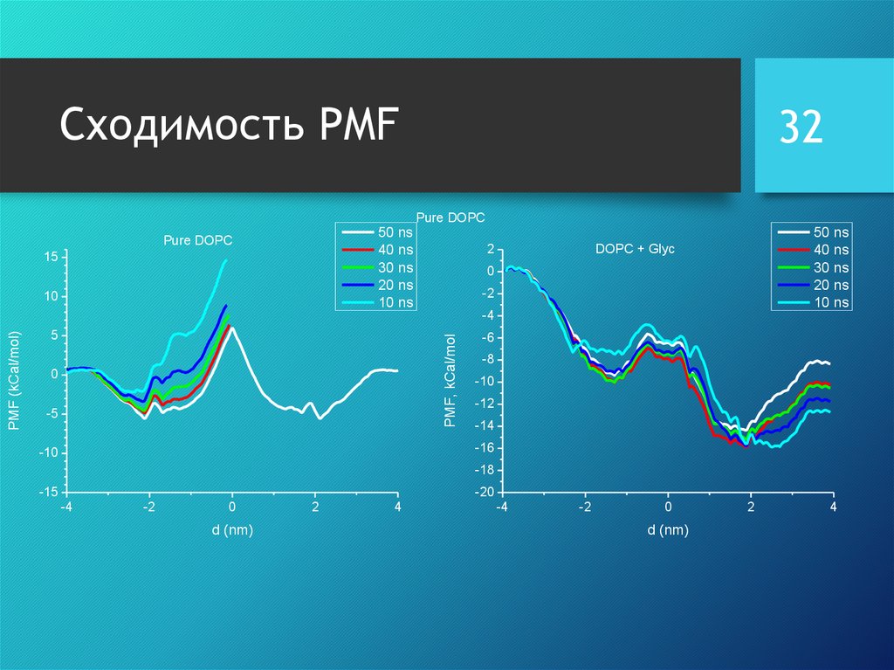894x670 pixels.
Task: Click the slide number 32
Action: click(801, 128)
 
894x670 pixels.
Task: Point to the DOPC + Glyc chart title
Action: click(635, 249)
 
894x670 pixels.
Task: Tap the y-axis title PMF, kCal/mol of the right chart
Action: click(450, 380)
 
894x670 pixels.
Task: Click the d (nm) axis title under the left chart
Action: click(232, 530)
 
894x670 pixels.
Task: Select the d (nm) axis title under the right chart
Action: click(668, 530)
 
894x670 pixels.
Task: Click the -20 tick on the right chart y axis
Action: click(484, 492)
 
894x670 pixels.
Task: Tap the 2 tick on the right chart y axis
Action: click(491, 249)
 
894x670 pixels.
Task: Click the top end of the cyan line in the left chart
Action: click(226, 259)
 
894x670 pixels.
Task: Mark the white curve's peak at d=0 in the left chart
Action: click(232, 328)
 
